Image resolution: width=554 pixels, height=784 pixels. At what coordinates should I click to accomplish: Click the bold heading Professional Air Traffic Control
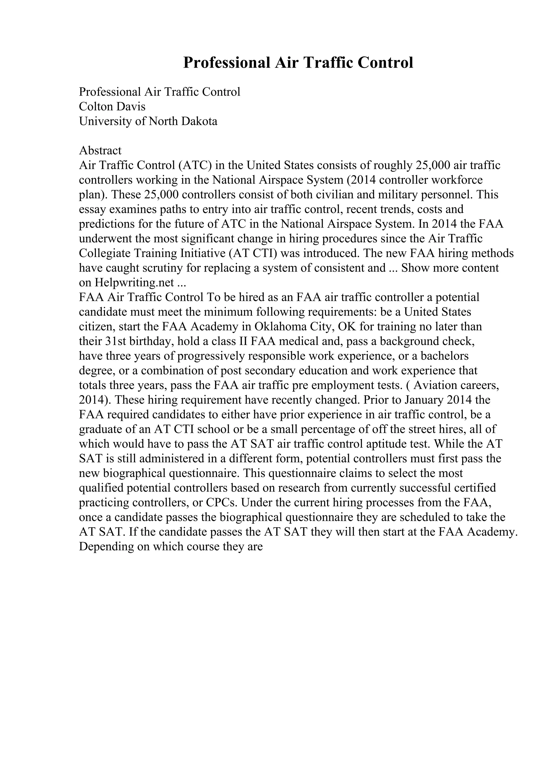(x=298, y=63)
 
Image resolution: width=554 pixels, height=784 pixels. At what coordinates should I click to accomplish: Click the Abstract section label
(x=100, y=151)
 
